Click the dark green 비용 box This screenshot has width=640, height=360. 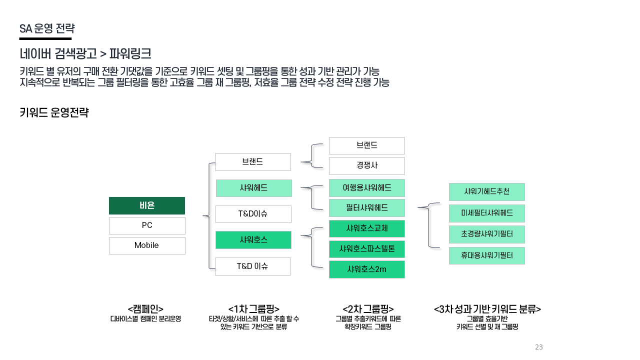(147, 205)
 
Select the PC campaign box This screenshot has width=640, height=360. (147, 225)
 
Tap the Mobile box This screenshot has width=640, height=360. (147, 245)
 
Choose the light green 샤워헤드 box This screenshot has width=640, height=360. (253, 188)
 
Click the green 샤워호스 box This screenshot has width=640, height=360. (253, 240)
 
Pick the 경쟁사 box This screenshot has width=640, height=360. (366, 165)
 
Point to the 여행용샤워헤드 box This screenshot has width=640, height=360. (366, 188)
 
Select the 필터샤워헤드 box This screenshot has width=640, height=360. (366, 207)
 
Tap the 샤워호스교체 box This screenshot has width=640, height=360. (366, 228)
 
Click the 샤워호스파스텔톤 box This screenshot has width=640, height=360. (366, 249)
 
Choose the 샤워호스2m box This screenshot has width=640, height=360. (366, 269)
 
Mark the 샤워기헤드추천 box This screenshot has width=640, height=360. (486, 191)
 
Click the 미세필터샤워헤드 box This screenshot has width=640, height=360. (486, 213)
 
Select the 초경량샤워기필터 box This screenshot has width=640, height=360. (486, 234)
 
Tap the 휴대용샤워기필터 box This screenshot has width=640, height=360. (486, 255)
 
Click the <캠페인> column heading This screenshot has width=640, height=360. (145, 309)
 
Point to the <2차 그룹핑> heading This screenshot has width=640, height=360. (368, 309)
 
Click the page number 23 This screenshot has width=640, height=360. (538, 347)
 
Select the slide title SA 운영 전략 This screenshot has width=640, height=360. (46, 28)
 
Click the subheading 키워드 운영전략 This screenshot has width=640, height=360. (54, 112)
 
